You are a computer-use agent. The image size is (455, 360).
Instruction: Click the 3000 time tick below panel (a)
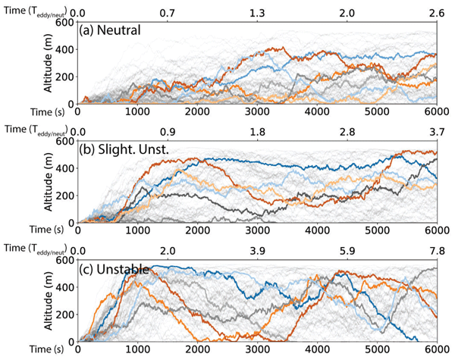(x=257, y=111)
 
